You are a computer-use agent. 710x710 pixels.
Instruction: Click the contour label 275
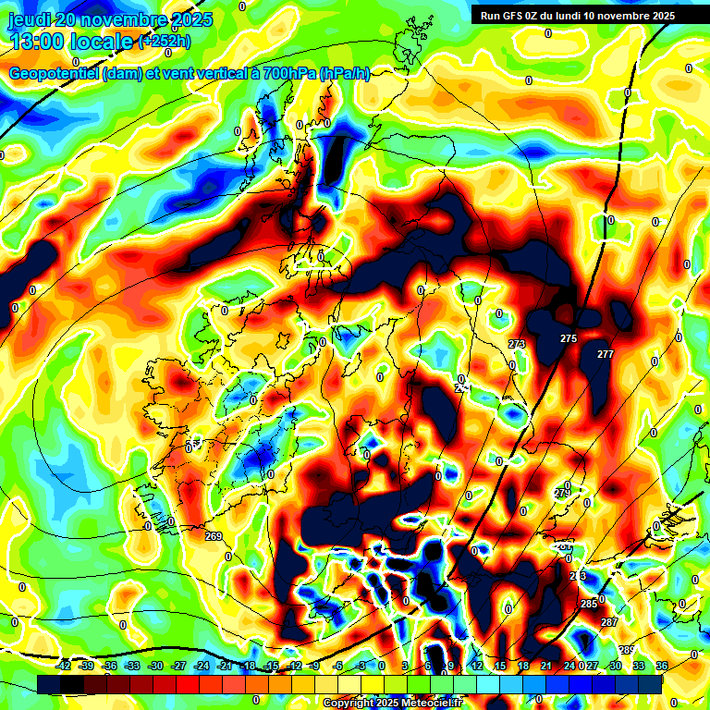pyautogui.click(x=569, y=339)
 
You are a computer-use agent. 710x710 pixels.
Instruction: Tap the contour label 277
pyautogui.click(x=606, y=355)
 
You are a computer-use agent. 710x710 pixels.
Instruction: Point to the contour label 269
pyautogui.click(x=214, y=536)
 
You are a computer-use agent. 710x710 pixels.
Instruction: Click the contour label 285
pyautogui.click(x=589, y=604)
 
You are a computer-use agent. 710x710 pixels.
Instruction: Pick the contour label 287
pyautogui.click(x=609, y=622)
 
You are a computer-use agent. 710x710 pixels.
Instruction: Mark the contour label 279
pyautogui.click(x=563, y=494)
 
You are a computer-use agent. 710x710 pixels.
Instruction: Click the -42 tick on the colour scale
pyautogui.click(x=64, y=666)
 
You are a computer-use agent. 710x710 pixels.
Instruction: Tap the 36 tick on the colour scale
pyautogui.click(x=661, y=666)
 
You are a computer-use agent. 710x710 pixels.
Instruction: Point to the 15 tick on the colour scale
pyautogui.click(x=500, y=666)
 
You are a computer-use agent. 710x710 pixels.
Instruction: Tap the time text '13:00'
pyautogui.click(x=41, y=41)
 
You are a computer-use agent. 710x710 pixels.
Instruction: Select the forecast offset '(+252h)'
pyautogui.click(x=165, y=42)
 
